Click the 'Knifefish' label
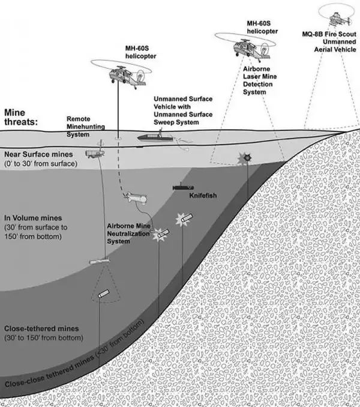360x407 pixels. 202,196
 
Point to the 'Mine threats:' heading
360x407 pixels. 21,116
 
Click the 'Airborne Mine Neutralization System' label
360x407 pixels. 127,234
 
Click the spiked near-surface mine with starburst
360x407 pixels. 244,158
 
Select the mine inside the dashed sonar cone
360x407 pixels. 103,294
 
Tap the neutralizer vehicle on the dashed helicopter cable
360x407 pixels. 134,197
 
